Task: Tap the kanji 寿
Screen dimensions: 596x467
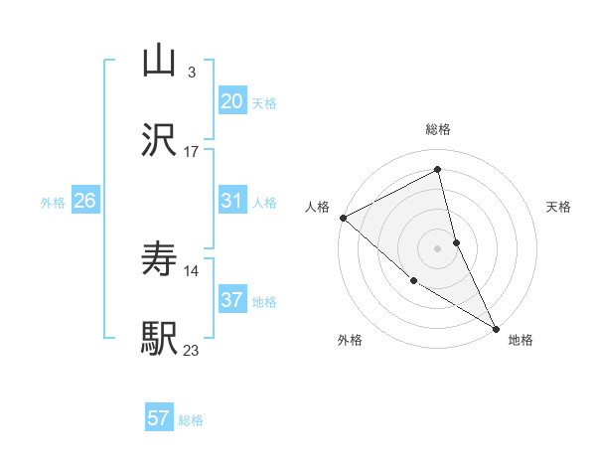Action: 159,261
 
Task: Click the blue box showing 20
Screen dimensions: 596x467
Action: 232,101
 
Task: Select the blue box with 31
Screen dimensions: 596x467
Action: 232,202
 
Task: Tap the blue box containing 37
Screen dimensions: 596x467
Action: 232,300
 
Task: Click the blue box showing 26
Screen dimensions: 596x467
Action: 85,202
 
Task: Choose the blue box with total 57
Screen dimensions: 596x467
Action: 159,418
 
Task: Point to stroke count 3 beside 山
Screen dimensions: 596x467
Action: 191,73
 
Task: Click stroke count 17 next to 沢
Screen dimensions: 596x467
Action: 192,152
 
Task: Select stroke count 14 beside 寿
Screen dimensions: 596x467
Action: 192,270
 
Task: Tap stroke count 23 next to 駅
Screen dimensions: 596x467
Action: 192,350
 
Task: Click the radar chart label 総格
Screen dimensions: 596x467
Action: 438,129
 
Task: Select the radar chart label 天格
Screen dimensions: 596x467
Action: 559,207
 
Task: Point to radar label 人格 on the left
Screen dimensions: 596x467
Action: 317,207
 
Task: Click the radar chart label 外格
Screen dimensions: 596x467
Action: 350,340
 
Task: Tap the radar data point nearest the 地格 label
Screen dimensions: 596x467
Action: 496,328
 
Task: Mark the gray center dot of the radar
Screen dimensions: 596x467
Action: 438,247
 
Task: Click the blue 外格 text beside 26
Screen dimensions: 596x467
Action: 53,203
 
